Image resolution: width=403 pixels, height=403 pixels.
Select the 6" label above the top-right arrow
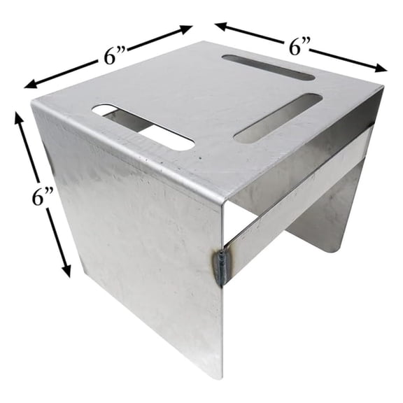tap(300, 48)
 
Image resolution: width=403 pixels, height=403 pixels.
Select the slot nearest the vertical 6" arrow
tap(143, 126)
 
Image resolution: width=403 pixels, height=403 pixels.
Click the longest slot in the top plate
tap(143, 126)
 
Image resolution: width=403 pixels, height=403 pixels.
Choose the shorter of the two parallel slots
tap(268, 67)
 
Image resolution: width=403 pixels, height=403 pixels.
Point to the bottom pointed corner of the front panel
tap(221, 377)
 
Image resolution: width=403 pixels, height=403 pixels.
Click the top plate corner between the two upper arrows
tap(203, 43)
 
